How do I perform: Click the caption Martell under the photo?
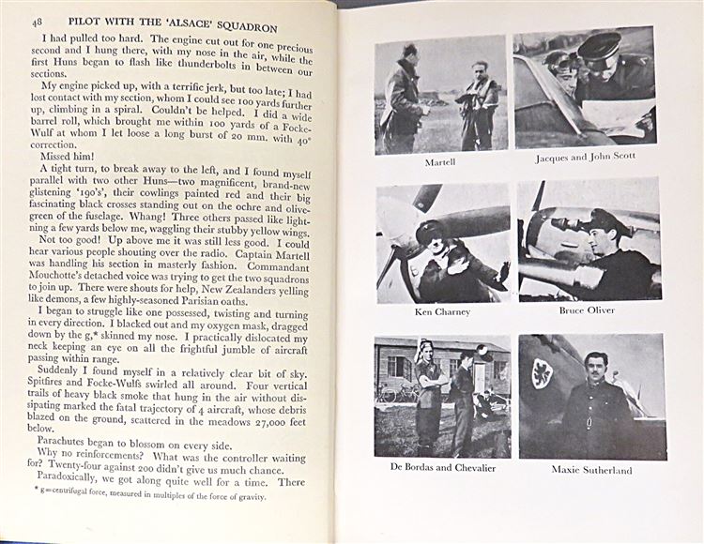click(441, 161)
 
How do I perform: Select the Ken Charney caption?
click(442, 311)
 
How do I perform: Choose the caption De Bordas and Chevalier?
click(442, 467)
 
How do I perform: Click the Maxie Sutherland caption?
click(591, 470)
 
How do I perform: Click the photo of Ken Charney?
click(442, 242)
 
